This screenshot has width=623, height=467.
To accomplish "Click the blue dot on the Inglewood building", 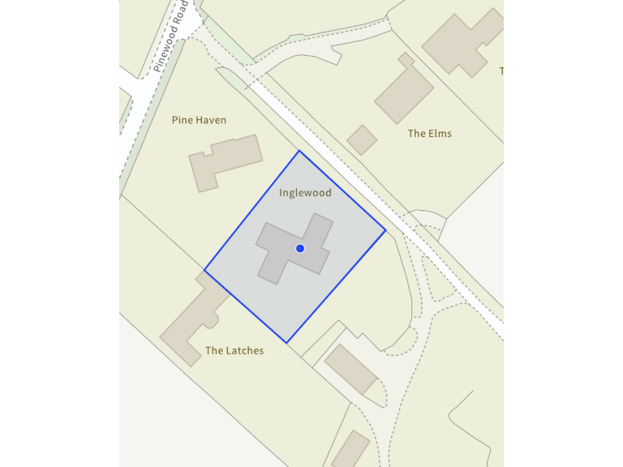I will point(300,248).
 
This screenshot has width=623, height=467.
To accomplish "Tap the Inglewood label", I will point(305,193).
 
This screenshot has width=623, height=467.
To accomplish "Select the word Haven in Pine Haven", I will point(211,120).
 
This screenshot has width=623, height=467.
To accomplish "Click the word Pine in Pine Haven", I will point(182,120).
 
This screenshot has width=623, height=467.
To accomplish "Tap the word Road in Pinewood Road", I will point(183,12).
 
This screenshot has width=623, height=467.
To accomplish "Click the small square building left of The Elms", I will point(362,139).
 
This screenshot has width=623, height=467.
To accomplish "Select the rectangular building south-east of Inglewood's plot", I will point(350,369).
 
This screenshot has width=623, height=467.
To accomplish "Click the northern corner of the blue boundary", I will point(299,151).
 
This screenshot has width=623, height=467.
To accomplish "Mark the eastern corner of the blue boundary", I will point(385,231).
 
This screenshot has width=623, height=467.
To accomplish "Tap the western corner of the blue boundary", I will point(204,271).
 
